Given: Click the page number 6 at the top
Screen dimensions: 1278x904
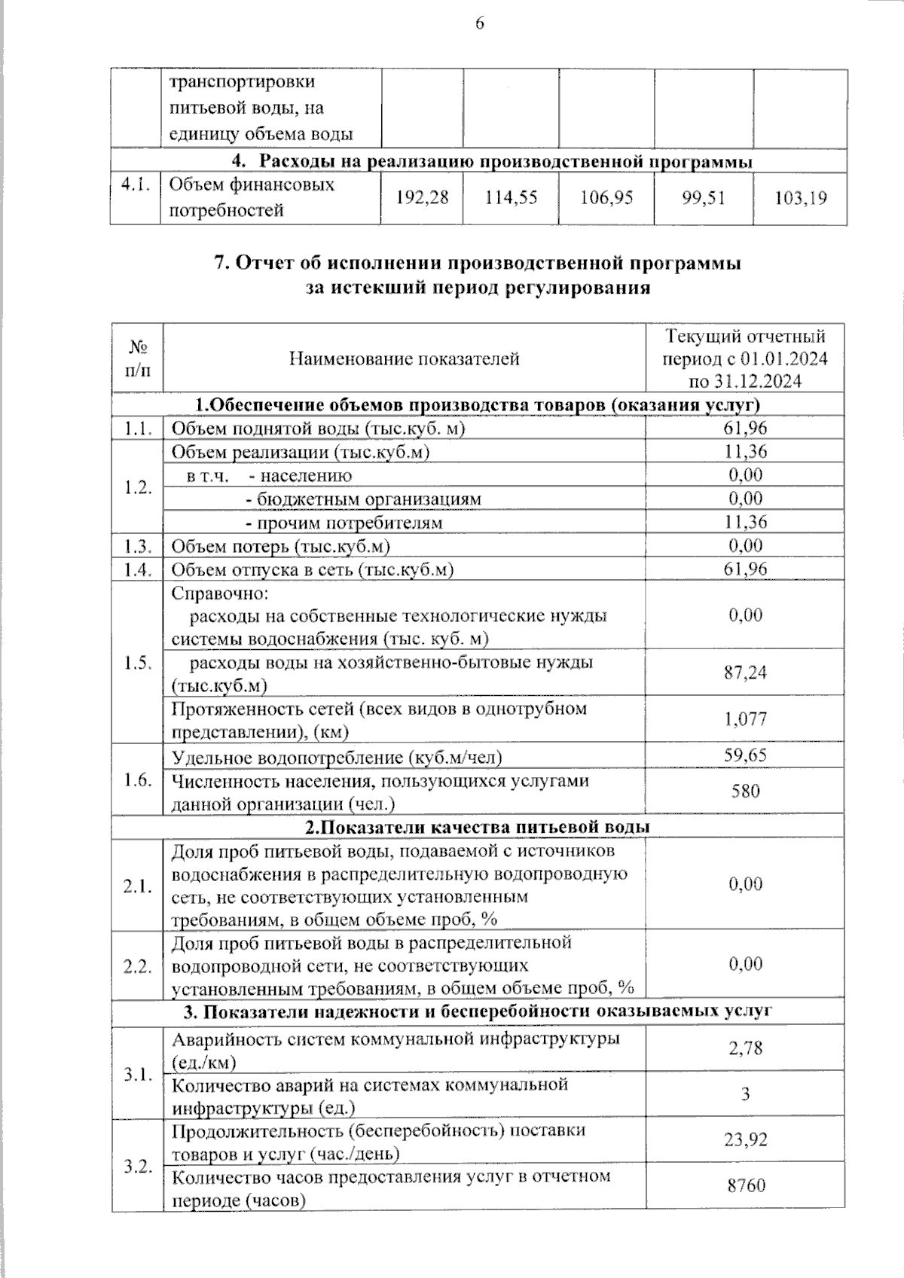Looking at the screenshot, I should tap(479, 23).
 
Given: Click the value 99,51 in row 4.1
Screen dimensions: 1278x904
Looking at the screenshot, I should tap(704, 197).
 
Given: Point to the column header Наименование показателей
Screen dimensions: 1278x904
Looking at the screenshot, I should tap(405, 358).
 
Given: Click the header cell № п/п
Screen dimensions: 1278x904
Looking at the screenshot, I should tap(137, 358).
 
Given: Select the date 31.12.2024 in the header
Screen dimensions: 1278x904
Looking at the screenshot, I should tap(760, 381).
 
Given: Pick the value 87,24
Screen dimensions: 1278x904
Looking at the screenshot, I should tap(745, 672).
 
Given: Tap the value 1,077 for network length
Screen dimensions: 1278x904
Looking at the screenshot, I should tap(745, 718).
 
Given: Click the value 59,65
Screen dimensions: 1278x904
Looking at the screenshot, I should tap(745, 755).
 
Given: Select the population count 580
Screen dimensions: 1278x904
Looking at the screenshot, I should tap(745, 791).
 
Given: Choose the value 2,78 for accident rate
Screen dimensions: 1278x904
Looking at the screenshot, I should tap(745, 1048).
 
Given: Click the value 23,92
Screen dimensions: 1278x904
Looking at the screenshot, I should tap(745, 1139).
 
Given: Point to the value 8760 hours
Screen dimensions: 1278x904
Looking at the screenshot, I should tap(745, 1185).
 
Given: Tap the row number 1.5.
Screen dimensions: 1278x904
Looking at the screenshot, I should tap(138, 663).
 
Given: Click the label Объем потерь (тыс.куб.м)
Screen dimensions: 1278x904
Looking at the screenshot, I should tap(281, 546).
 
